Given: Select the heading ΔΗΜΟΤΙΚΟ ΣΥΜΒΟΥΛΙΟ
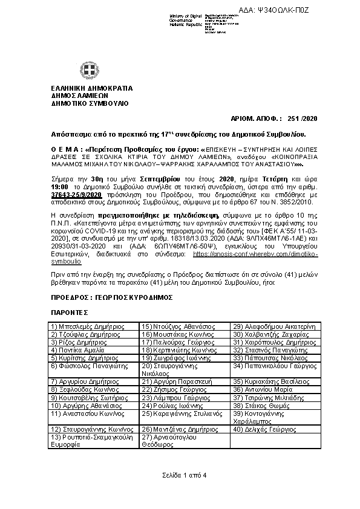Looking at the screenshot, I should pos(90,103).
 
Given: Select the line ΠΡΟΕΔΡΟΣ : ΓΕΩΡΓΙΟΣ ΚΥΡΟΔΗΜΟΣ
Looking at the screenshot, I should pos(112,297).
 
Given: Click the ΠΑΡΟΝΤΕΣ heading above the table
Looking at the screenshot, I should pos(70,312).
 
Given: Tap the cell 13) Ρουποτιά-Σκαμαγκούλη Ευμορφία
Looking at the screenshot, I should pos(91,441).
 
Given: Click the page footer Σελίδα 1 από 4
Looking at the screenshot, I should pos(180,475).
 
